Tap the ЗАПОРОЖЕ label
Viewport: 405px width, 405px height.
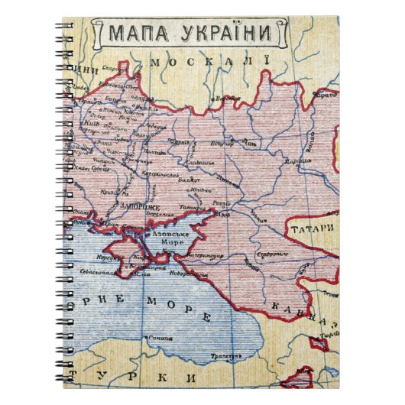tap(139, 206)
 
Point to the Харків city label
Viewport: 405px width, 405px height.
tap(181, 141)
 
